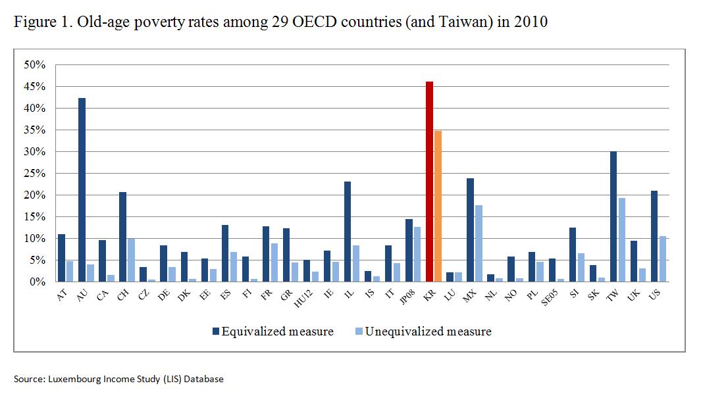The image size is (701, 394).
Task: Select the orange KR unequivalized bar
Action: [438, 207]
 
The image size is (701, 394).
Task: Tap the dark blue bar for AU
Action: [82, 190]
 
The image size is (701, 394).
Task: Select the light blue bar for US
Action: [662, 259]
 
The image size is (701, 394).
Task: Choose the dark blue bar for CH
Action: [122, 237]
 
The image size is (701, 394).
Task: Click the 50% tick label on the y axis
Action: [34, 65]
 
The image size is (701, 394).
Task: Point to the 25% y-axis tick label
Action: [34, 174]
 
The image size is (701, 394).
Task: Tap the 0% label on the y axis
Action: [37, 282]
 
